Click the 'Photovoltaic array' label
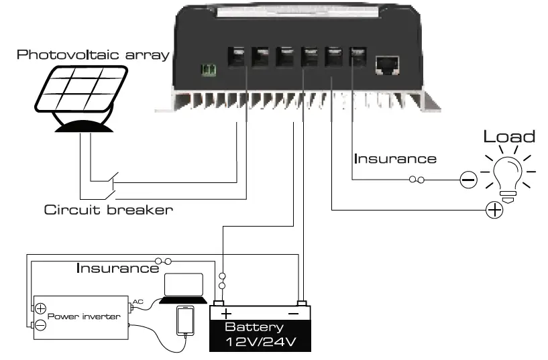93,54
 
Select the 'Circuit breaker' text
108,210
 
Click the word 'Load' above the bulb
510,137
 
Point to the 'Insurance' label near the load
395,159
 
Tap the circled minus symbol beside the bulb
468,180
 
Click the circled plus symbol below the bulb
494,211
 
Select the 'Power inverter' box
80,316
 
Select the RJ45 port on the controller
388,63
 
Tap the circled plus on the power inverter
40,308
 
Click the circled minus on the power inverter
40,325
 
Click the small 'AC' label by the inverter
138,302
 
